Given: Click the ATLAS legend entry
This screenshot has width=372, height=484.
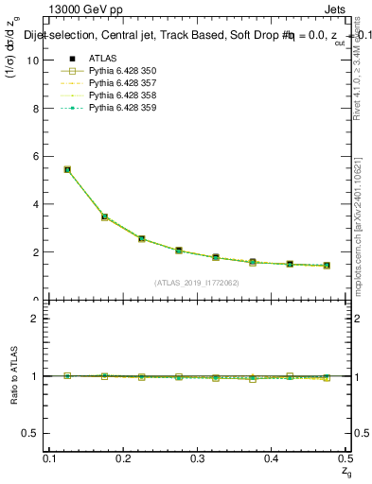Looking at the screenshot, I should tap(102, 59).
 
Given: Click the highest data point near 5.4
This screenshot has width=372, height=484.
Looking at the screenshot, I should tap(67, 169).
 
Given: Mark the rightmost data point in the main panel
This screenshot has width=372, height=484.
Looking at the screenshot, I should tap(326, 266).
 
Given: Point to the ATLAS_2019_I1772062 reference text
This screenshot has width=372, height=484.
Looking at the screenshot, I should tap(197, 283).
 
